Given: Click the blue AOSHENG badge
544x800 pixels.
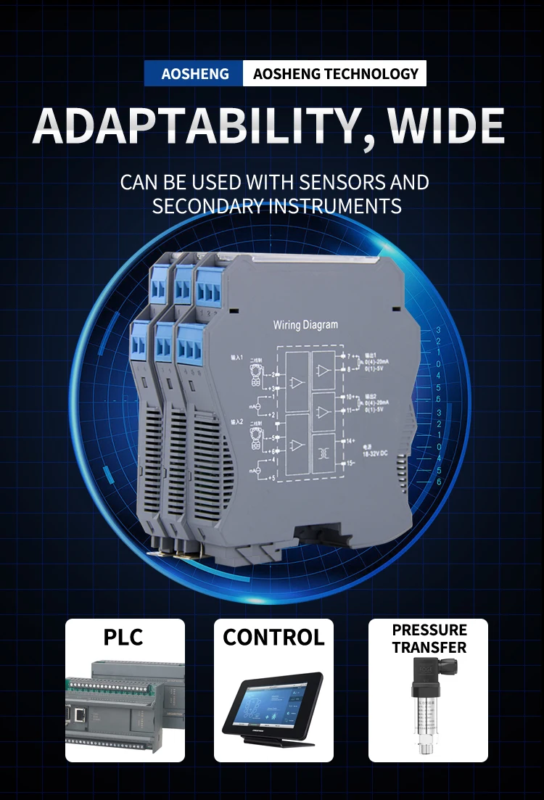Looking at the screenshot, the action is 194,74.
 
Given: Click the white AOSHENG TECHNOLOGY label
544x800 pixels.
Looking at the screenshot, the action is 336,74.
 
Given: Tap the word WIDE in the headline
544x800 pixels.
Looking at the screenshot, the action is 446,126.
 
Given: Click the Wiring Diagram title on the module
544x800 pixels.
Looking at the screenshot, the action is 305,325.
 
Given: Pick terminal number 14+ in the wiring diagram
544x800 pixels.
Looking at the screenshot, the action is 350,440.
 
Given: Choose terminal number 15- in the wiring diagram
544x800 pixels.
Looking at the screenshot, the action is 350,463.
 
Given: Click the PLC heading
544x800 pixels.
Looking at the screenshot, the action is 123,638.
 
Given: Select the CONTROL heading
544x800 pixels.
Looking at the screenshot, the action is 273,638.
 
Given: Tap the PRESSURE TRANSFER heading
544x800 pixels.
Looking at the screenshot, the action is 429,638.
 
